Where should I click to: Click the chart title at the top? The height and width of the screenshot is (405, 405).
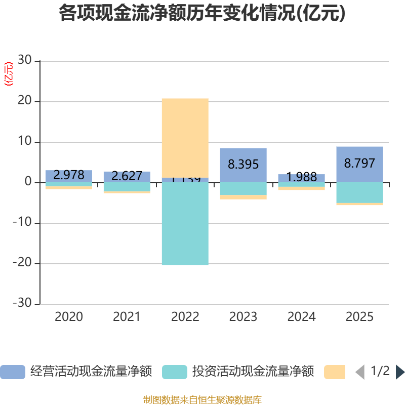(x=202, y=13)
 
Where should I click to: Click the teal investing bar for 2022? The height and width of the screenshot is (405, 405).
(x=185, y=223)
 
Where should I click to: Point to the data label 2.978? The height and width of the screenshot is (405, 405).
(x=69, y=175)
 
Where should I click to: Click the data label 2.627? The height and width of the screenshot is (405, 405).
(x=127, y=176)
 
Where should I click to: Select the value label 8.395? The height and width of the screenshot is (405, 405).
(x=243, y=164)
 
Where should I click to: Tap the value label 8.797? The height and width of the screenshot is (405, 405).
(x=359, y=163)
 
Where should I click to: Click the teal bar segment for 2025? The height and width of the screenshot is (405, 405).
(x=359, y=192)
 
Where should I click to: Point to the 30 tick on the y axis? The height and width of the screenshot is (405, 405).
(x=24, y=60)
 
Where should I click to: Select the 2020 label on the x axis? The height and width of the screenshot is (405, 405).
(x=69, y=317)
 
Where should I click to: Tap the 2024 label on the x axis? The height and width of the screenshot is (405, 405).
(x=301, y=317)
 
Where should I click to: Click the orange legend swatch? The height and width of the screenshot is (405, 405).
(x=335, y=372)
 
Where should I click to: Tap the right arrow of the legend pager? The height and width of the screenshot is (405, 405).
(x=400, y=372)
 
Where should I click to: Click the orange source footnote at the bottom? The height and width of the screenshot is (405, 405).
(x=202, y=400)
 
